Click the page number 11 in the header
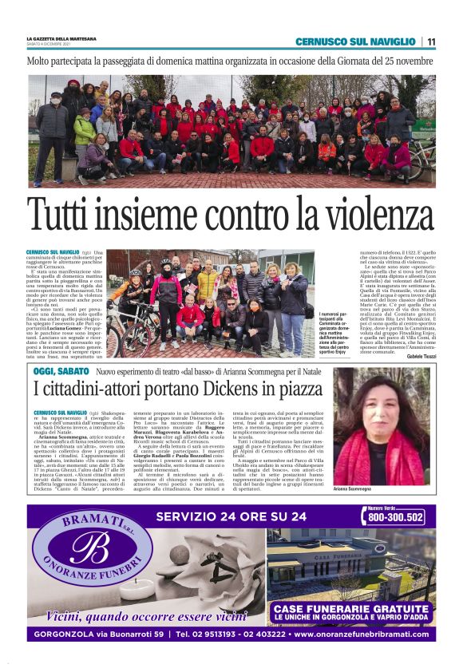pyautogui.click(x=430, y=42)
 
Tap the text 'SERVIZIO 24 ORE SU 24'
pyautogui.click(x=232, y=516)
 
